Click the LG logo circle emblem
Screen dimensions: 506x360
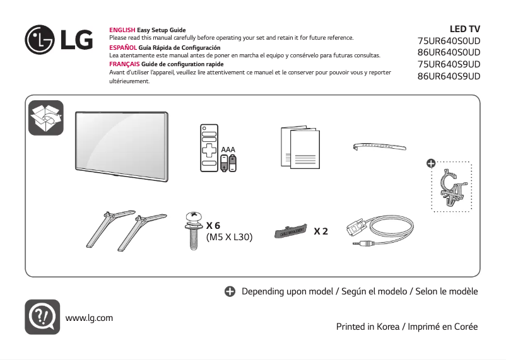point(40,40)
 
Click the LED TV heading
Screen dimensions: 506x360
point(464,29)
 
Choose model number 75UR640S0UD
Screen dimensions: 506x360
point(449,41)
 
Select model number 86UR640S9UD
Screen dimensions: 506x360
point(449,76)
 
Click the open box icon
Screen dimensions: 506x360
point(46,117)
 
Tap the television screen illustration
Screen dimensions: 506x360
point(122,144)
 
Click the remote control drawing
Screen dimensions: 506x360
point(209,148)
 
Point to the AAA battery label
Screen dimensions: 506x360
point(228,150)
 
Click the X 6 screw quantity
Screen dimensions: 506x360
point(213,225)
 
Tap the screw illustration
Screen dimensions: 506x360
point(194,231)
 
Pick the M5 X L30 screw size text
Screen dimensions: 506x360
point(230,238)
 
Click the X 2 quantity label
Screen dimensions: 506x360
point(321,231)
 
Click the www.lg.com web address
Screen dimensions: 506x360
point(89,318)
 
